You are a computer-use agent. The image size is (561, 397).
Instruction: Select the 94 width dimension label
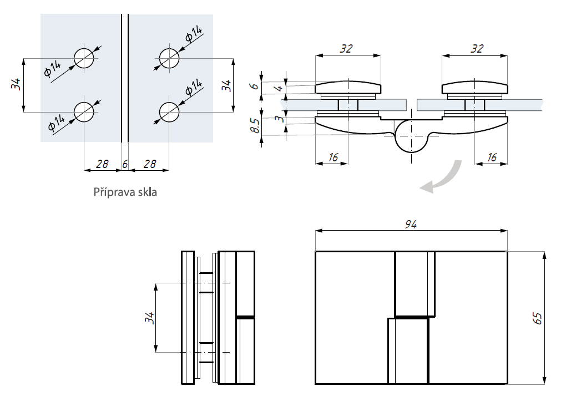[411, 224]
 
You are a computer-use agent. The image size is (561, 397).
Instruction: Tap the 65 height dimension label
[537, 318]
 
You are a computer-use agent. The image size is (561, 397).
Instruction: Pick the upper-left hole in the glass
[84, 58]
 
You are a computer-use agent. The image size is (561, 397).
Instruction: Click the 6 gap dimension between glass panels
[125, 164]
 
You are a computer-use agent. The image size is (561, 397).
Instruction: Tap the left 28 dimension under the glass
[102, 164]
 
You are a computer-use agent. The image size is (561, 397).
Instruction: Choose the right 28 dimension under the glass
[148, 164]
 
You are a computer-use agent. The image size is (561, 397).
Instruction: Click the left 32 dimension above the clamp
[347, 49]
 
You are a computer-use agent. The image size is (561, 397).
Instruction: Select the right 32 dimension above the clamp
[476, 49]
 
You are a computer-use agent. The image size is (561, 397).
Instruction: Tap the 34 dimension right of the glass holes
[225, 85]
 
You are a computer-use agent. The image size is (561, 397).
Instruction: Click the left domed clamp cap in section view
[348, 88]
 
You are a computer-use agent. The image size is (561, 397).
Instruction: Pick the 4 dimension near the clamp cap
[280, 88]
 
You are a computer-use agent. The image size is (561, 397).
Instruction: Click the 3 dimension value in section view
[281, 117]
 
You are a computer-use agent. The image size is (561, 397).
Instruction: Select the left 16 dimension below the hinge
[332, 157]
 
